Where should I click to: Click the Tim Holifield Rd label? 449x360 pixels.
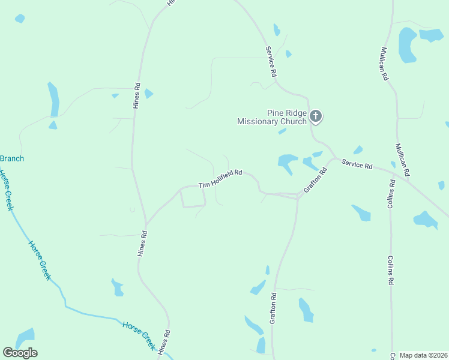click(x=221, y=178)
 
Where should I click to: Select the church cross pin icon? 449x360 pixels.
click(x=316, y=116)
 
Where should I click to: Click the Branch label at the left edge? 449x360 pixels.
click(x=12, y=158)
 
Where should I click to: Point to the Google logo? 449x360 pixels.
click(x=20, y=353)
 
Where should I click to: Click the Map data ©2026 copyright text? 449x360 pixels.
click(x=424, y=355)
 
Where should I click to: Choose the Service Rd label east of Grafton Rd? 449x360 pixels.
click(x=357, y=164)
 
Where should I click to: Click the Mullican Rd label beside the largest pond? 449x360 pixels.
click(x=384, y=64)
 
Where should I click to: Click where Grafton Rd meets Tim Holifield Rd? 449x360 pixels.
click(x=298, y=196)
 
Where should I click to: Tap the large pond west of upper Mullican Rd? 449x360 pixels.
click(x=408, y=45)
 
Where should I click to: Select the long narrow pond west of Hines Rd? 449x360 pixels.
click(x=54, y=99)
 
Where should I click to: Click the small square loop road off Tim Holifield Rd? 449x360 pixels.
click(x=193, y=197)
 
